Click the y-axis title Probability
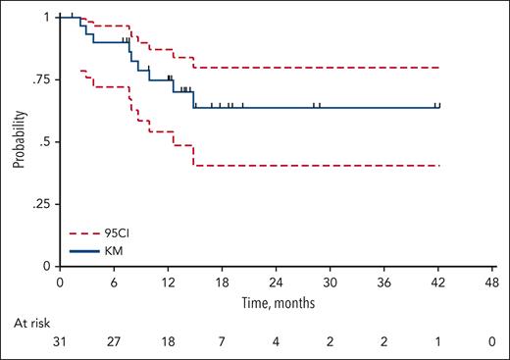(x=18, y=141)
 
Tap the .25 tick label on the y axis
(x=40, y=204)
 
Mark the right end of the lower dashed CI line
(x=439, y=166)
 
